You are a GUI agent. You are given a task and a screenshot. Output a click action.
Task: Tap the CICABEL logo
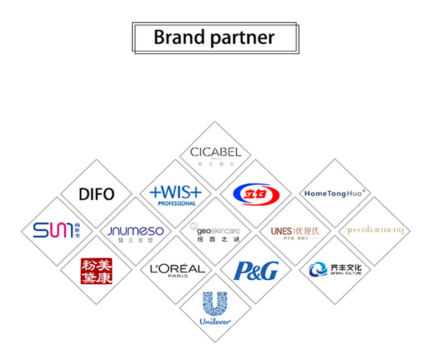click(215, 152)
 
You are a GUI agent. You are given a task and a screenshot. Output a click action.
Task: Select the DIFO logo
click(96, 194)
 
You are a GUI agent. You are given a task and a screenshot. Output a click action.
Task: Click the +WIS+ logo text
click(176, 192)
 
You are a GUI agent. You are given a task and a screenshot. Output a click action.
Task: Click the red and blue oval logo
click(256, 193)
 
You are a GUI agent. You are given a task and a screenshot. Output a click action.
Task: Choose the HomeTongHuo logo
click(334, 193)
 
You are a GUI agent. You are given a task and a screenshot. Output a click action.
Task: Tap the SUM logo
click(51, 230)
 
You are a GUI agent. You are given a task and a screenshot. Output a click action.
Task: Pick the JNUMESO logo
click(136, 231)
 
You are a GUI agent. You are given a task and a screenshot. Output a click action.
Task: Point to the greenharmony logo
click(374, 230)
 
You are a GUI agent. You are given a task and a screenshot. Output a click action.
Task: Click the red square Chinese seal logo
click(96, 270)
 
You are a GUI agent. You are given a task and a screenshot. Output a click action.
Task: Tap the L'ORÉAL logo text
click(177, 268)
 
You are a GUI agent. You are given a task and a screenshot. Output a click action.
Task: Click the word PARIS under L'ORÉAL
click(178, 275)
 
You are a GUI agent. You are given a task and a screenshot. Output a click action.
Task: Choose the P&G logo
click(256, 270)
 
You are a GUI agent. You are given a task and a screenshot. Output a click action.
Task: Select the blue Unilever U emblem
click(215, 304)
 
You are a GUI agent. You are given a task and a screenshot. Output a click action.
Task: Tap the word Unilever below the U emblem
click(215, 321)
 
